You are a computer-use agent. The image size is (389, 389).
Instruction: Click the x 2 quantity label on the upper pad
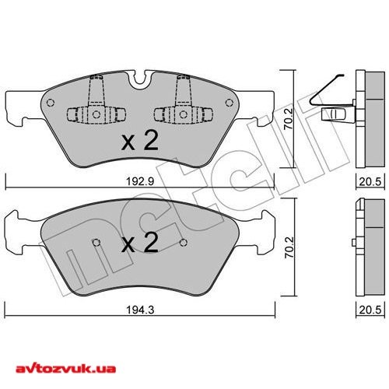(x=141, y=141)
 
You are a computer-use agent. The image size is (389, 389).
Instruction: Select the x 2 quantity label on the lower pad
(x=141, y=244)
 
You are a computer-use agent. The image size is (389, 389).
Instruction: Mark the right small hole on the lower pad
(x=184, y=242)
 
